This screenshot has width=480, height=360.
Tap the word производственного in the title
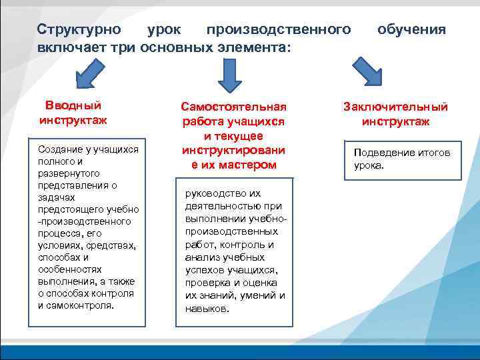[x=278, y=30]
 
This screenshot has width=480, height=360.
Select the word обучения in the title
[x=411, y=30]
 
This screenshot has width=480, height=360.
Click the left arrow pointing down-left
[x=89, y=73]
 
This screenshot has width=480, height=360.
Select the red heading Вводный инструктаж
[x=73, y=113]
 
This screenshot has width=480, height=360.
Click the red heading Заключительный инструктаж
[x=395, y=114]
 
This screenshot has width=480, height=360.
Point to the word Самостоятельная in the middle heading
[x=233, y=107]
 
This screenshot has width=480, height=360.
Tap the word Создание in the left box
[x=59, y=151]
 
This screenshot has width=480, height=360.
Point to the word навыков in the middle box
[x=206, y=309]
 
